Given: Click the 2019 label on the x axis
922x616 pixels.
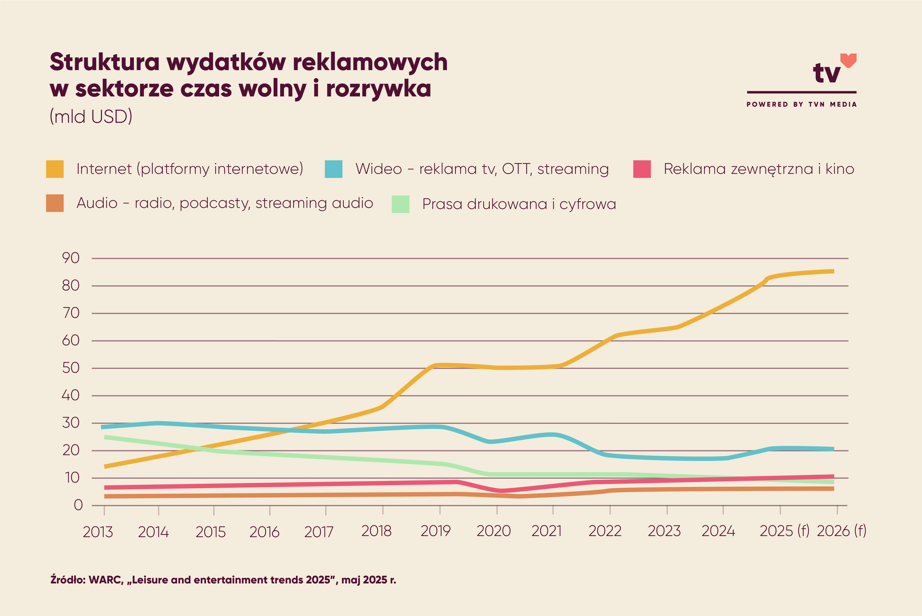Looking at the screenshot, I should click(x=435, y=531).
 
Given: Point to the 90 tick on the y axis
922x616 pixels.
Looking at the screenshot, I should click(x=71, y=258).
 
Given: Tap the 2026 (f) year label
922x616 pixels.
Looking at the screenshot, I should click(x=841, y=531).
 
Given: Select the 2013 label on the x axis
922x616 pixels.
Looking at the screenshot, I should click(x=98, y=532).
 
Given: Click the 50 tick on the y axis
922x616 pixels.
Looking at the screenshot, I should click(x=71, y=368).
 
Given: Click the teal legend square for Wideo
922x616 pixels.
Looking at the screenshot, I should click(x=333, y=169).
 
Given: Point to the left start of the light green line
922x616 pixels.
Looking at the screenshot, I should click(x=105, y=437).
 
